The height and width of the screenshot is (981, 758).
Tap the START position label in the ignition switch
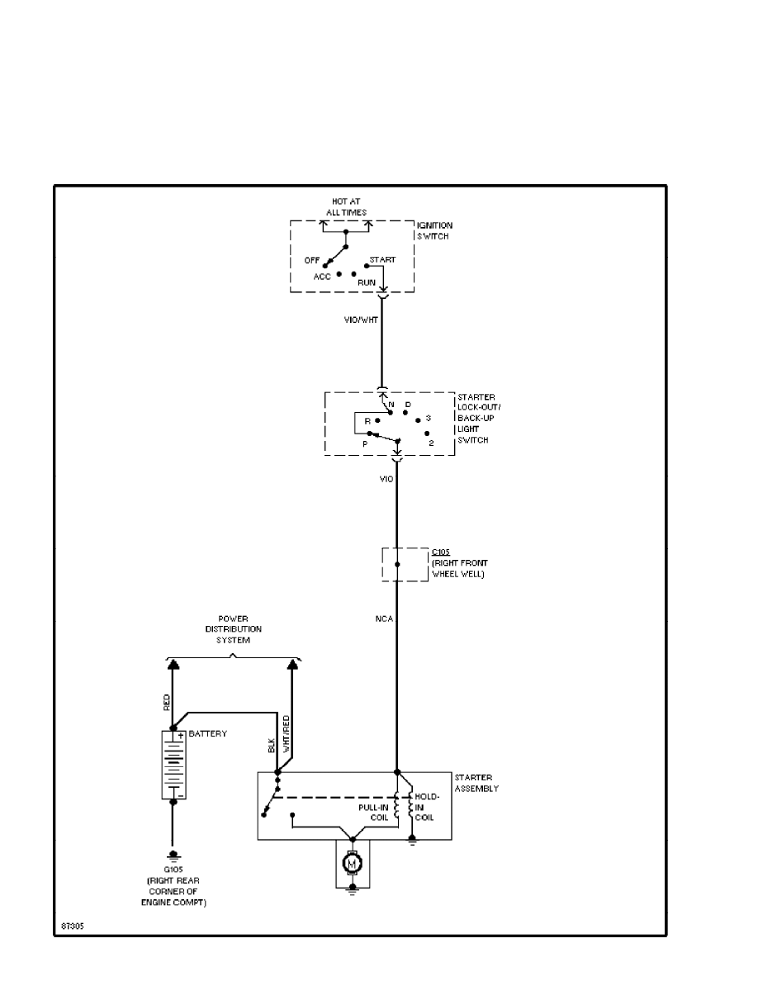tap(382, 259)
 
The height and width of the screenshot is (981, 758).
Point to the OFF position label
tap(312, 259)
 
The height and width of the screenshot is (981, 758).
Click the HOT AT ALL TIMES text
tap(345, 207)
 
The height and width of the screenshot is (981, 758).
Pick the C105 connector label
tap(441, 550)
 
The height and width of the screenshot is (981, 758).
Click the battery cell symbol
tap(173, 765)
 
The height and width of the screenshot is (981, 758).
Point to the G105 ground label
tap(173, 870)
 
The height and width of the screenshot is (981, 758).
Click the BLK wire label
tap(272, 746)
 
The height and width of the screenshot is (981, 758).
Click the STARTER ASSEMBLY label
tap(476, 783)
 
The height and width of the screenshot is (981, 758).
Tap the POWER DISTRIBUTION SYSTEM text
tap(233, 628)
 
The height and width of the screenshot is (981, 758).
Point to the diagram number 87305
tap(72, 925)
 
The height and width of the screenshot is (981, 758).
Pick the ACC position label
tap(322, 277)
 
